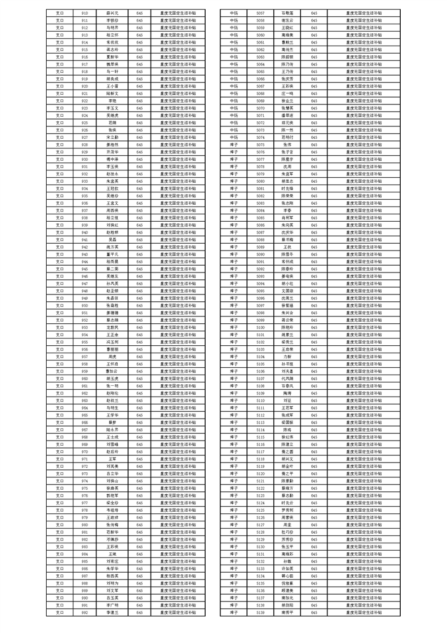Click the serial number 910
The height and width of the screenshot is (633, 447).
tap(85, 13)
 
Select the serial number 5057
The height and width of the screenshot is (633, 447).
tap(260, 13)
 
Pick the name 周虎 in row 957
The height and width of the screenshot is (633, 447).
tap(112, 357)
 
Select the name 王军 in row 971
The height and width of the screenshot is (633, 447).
tap(112, 459)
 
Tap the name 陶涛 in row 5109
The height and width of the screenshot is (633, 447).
tap(287, 393)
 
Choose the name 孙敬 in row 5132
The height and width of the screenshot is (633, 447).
tap(287, 561)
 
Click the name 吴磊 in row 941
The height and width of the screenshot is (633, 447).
tap(112, 240)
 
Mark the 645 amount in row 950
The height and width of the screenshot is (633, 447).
tap(139, 305)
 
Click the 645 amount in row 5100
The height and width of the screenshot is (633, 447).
tap(314, 327)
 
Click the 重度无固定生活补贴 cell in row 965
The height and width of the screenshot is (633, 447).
tap(178, 415)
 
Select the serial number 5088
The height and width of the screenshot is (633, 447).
tap(260, 240)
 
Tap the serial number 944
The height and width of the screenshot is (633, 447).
tap(85, 261)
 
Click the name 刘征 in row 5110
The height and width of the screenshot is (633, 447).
tap(287, 401)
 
